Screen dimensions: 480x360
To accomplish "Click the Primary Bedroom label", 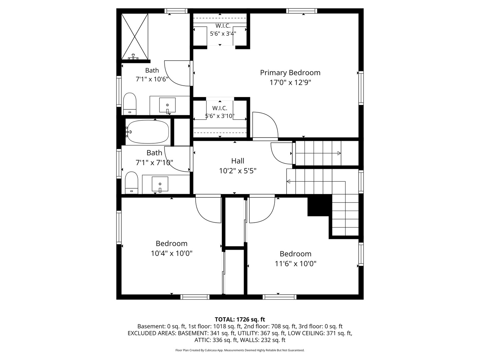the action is point(290,73).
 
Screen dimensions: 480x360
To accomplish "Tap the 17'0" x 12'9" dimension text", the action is point(290,83).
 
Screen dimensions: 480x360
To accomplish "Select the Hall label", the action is point(238,161).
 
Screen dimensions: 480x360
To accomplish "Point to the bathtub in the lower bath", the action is point(148,132).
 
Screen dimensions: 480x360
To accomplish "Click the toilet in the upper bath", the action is point(130,104).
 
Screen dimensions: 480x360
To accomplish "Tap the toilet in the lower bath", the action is point(131,183).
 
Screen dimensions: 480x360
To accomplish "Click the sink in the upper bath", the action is point(167,105).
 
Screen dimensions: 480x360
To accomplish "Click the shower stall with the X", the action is point(135,36).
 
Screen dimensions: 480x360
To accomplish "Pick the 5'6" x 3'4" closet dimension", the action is point(223,34).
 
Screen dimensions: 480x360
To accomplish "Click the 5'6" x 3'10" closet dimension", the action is point(220,116).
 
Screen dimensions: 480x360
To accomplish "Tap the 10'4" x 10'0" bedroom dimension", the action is point(172,253).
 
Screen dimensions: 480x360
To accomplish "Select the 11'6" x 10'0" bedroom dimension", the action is point(295,264).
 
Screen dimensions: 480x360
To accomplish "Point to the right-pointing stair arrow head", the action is point(339,153).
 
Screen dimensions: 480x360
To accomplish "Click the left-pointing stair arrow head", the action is point(288,181).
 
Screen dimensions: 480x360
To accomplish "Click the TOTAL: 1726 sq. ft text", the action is point(240,320).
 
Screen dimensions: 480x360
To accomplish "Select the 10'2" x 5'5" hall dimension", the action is point(238,171).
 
